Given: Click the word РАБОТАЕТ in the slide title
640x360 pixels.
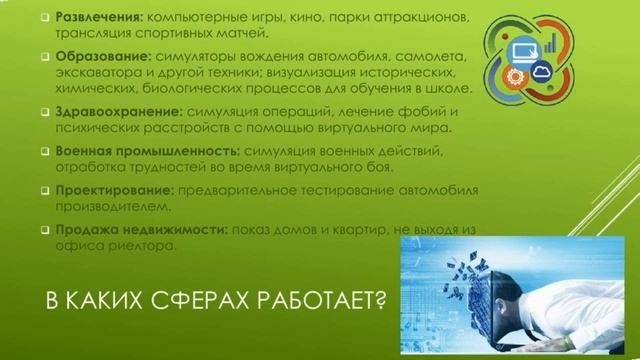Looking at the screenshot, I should pyautogui.click(x=312, y=301).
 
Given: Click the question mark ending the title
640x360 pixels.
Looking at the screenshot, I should pyautogui.click(x=379, y=301).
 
